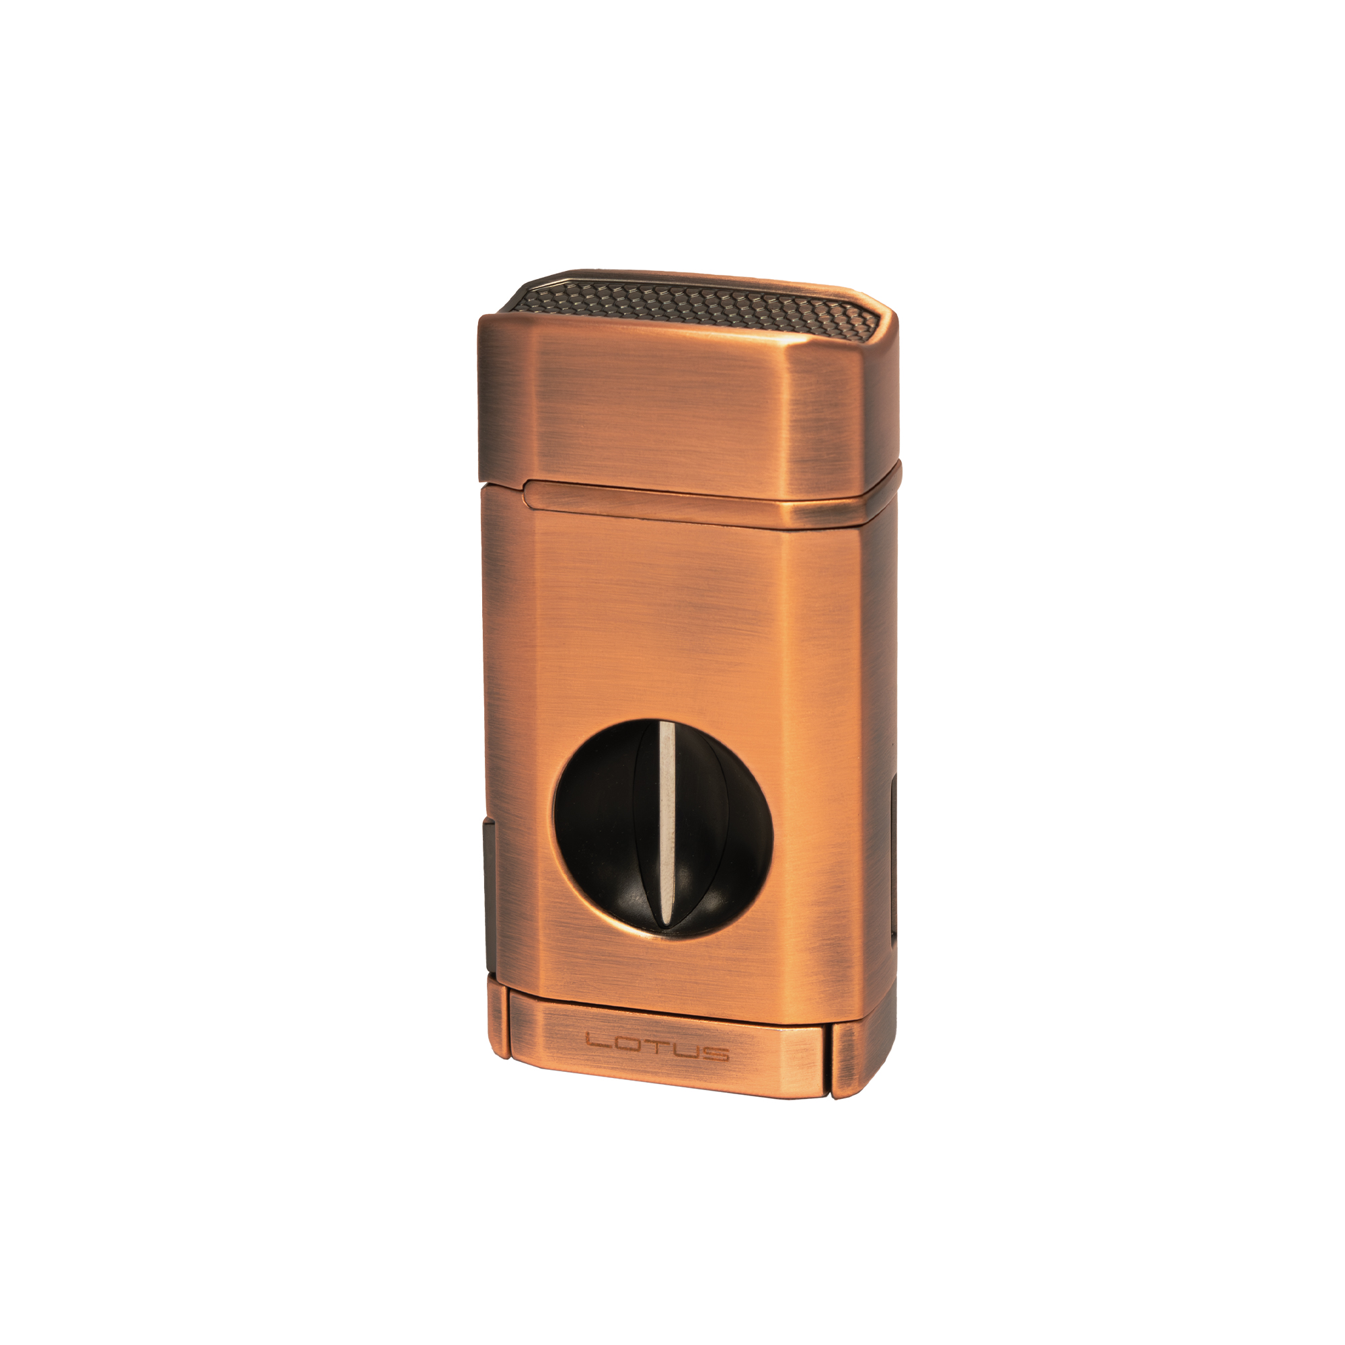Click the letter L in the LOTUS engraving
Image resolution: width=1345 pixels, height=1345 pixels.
coord(596,1042)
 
